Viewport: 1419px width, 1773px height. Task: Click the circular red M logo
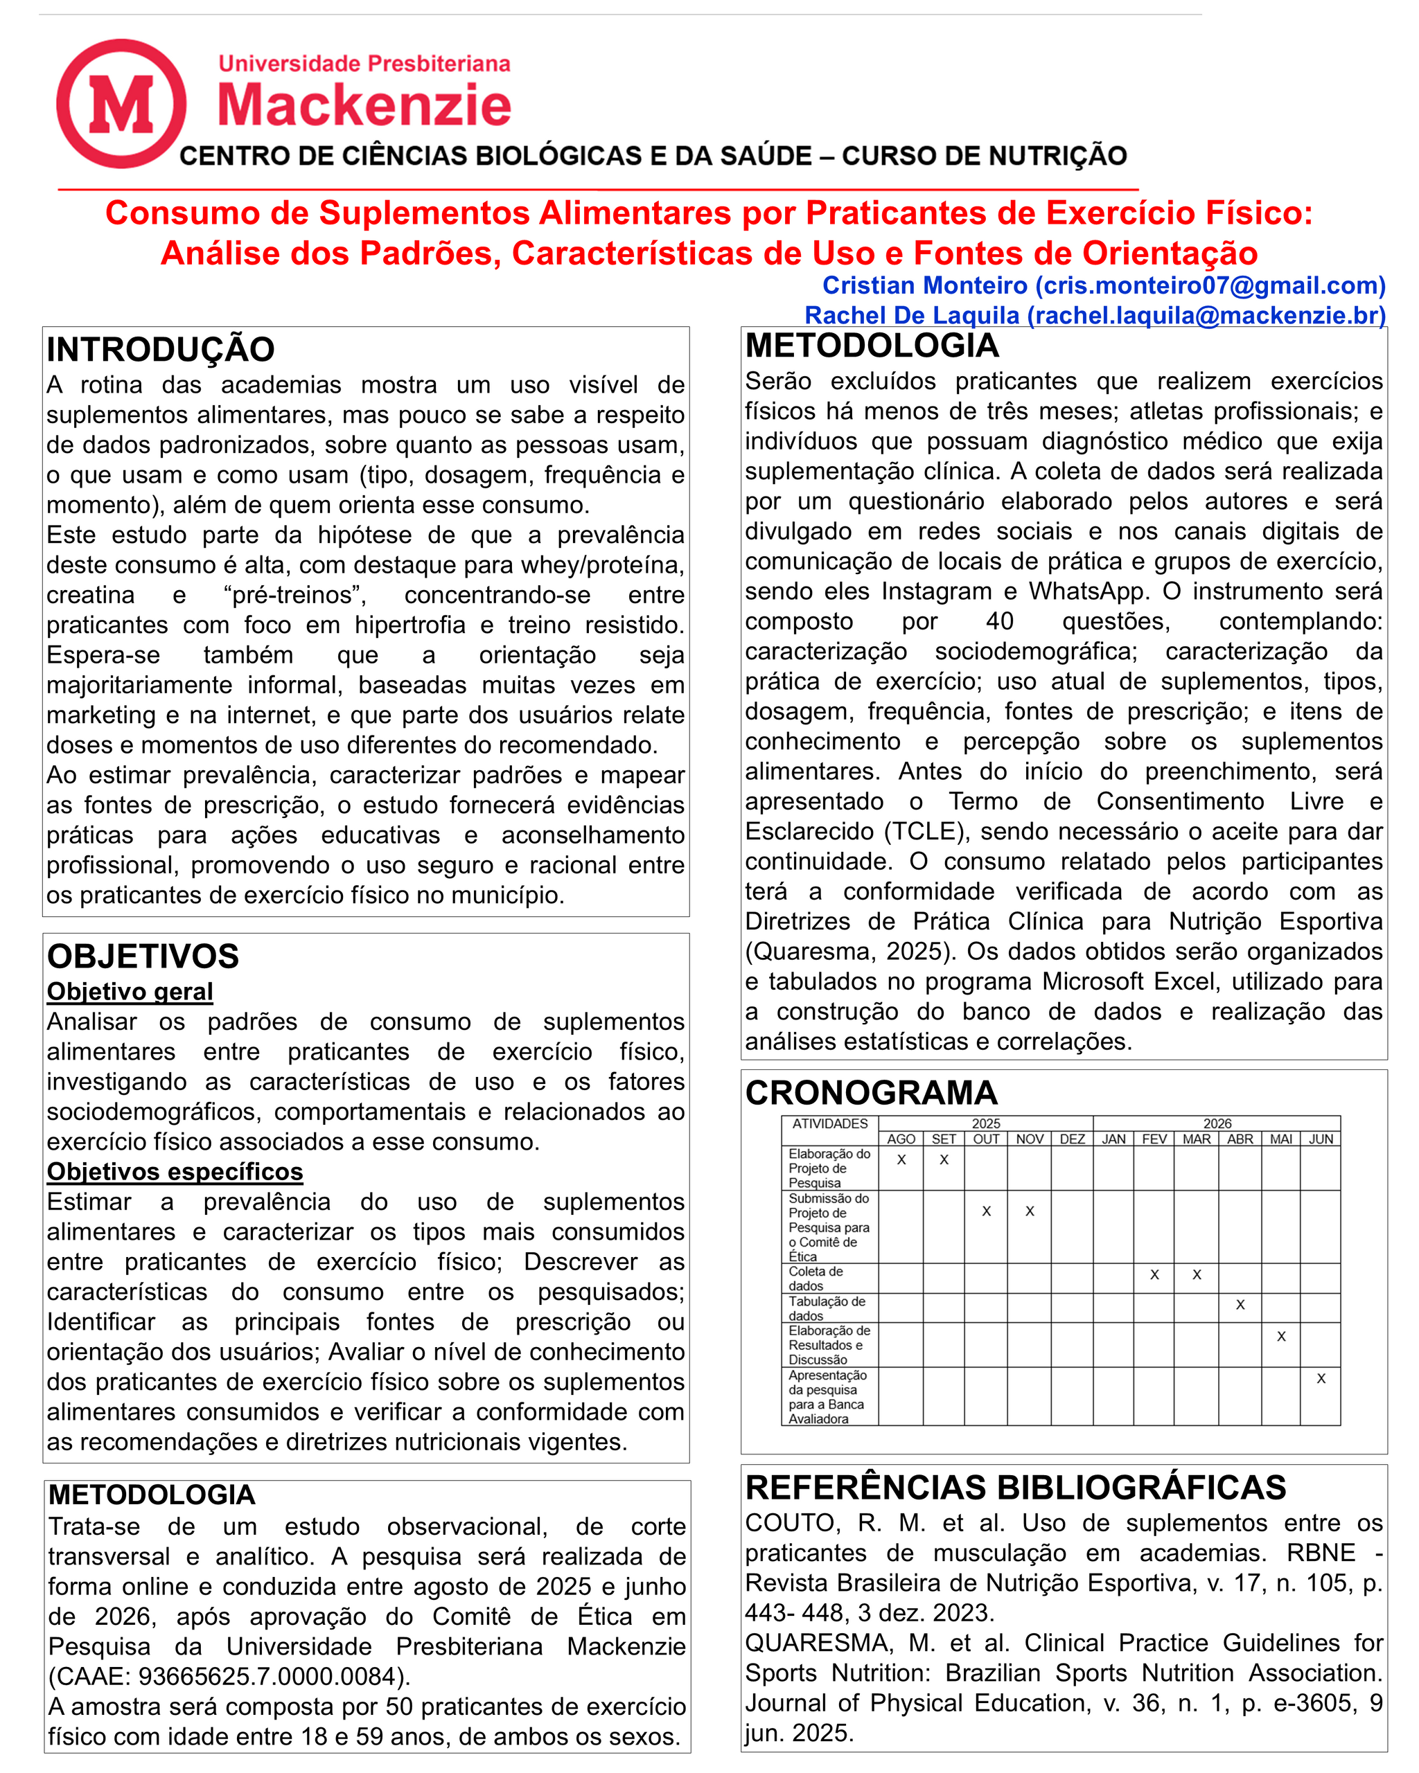point(121,104)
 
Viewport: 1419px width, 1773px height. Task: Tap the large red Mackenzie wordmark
point(364,105)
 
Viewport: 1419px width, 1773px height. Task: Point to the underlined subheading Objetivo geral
point(130,992)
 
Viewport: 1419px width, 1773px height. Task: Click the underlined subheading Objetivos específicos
point(175,1172)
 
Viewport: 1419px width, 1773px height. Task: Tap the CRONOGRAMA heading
point(871,1093)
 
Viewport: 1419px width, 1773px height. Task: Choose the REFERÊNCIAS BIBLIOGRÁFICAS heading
point(1015,1488)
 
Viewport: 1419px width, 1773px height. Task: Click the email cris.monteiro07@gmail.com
point(1210,285)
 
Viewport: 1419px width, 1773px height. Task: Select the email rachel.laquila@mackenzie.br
point(1206,316)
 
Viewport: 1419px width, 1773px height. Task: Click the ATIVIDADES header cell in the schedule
point(830,1124)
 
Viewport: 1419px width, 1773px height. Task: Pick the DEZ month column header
point(1072,1140)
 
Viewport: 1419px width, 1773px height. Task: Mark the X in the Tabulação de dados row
point(1240,1305)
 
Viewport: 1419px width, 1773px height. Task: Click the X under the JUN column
point(1321,1379)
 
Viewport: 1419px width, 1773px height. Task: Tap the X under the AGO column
point(901,1160)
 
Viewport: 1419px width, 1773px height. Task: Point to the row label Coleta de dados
point(816,1278)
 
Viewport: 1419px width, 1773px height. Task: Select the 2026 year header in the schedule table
point(1217,1124)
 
